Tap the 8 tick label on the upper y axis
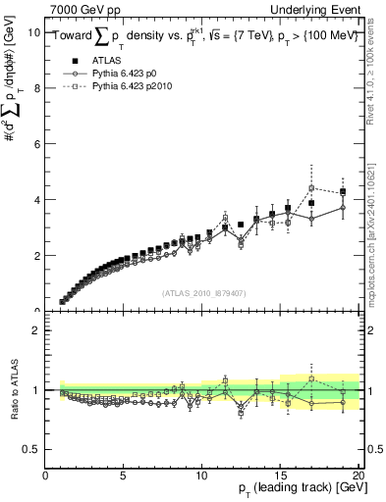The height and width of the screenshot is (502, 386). point(36,87)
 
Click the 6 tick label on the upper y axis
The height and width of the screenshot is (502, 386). point(36,143)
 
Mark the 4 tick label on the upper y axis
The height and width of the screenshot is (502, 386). point(36,199)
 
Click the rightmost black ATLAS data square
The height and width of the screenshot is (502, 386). point(343,192)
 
